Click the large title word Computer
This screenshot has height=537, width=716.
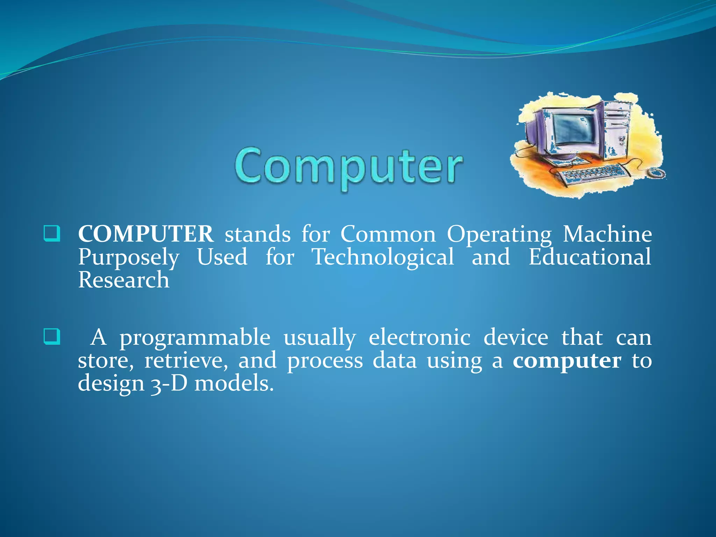tap(349, 167)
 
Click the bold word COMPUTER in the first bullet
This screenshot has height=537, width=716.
tap(146, 234)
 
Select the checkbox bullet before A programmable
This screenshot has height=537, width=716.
tap(52, 337)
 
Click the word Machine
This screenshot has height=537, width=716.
tap(607, 234)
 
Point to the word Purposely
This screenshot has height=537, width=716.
tap(128, 258)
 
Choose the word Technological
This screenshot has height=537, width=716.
tap(383, 258)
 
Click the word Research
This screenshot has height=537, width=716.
tap(124, 280)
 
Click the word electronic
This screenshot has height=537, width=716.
tap(419, 337)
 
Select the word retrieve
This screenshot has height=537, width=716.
tap(186, 360)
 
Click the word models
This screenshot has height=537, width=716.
tap(234, 383)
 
